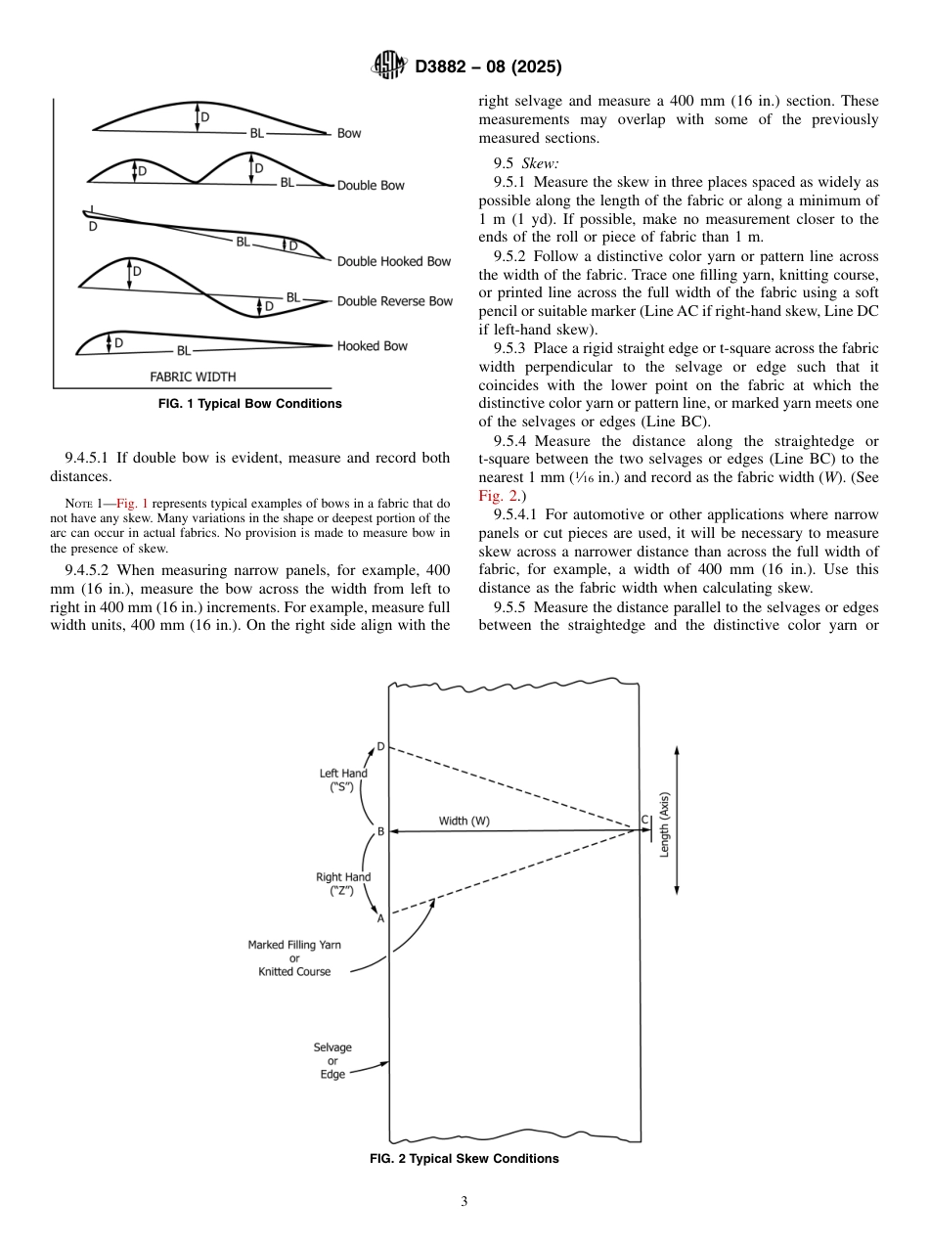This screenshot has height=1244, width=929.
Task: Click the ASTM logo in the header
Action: click(390, 67)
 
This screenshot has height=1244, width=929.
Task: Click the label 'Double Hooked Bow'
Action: click(394, 261)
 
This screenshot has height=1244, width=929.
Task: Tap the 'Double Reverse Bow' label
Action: click(395, 301)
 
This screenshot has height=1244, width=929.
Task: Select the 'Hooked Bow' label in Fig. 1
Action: click(372, 346)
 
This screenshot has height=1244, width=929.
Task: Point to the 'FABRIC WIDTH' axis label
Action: click(193, 377)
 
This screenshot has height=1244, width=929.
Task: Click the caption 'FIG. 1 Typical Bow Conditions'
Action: click(250, 404)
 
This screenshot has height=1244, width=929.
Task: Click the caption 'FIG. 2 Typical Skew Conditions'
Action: click(464, 1159)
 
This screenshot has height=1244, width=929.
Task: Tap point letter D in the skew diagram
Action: click(381, 747)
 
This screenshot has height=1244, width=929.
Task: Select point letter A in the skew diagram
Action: click(381, 918)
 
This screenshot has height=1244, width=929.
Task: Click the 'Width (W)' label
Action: click(464, 822)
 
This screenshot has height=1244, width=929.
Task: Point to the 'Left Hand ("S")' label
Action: click(343, 779)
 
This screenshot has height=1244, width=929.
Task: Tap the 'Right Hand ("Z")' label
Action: click(343, 884)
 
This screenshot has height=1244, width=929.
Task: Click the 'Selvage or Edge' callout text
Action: click(332, 1061)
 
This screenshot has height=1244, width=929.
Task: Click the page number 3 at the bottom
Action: click(464, 1202)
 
